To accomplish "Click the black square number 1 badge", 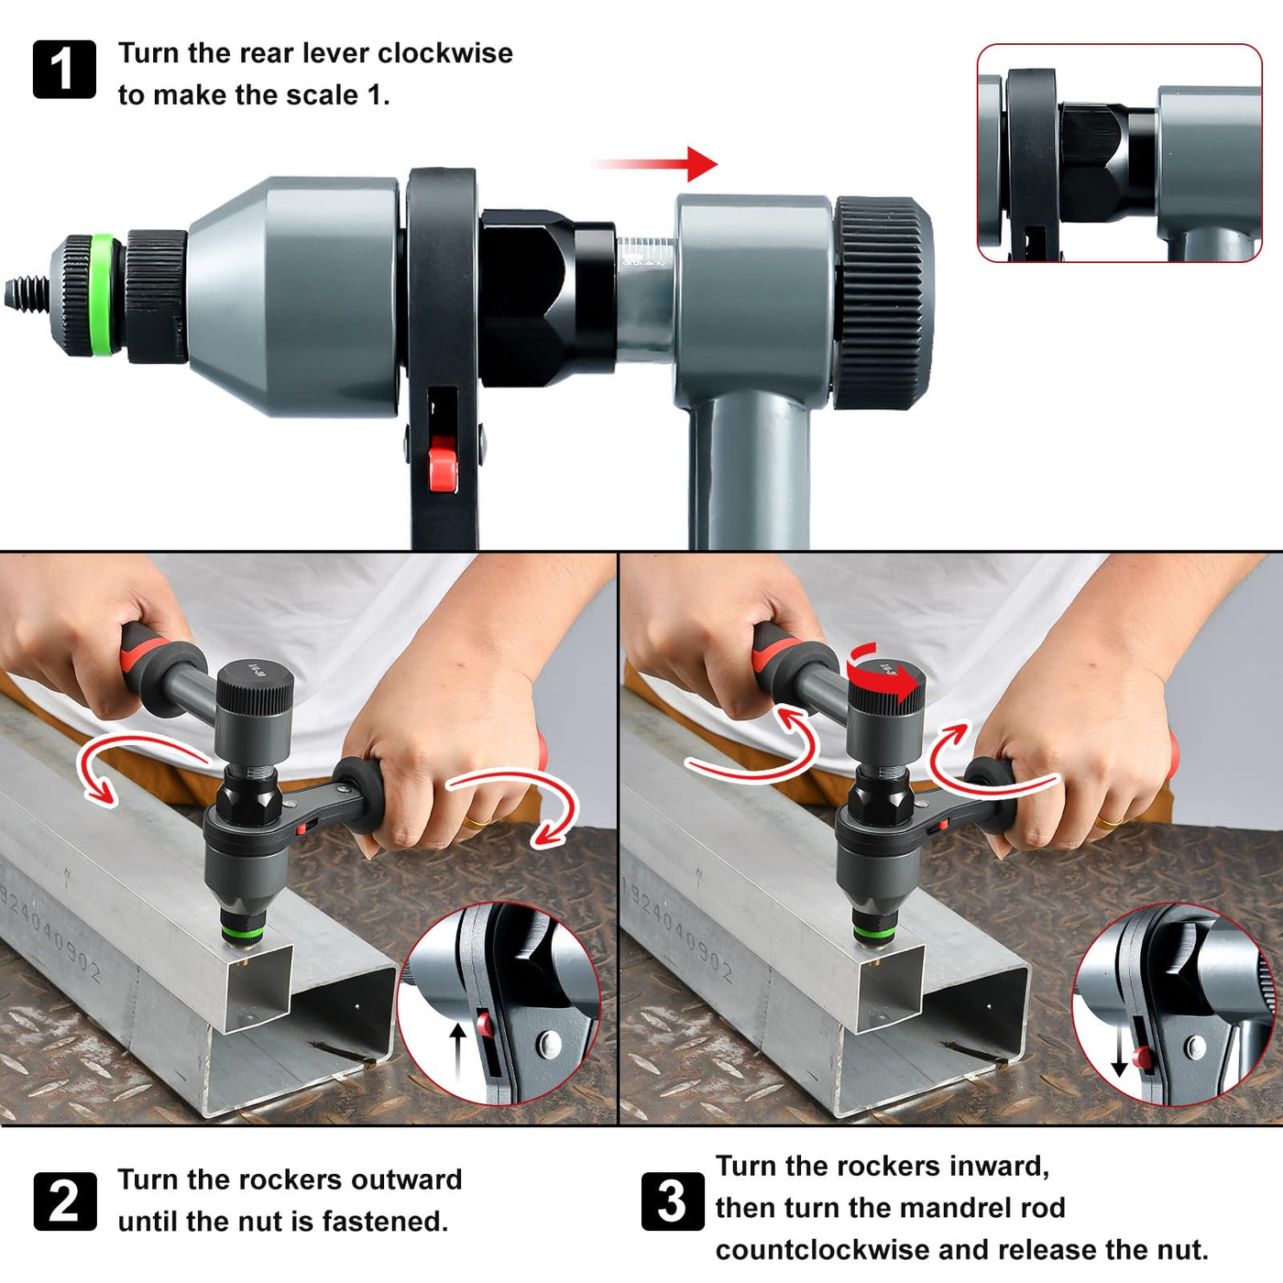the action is tap(64, 70).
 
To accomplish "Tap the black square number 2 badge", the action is tap(64, 1201).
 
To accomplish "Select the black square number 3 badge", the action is tap(673, 1201).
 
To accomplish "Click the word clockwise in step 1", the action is tap(445, 53).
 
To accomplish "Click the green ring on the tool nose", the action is tap(102, 294).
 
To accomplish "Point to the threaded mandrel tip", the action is tap(27, 294).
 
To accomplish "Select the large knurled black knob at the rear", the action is tap(883, 302).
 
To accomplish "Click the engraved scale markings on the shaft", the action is tap(644, 253).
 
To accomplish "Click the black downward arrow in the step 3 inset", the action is tap(1119, 1048).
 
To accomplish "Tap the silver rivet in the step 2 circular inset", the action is tap(549, 1044).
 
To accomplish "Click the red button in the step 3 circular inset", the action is tap(1144, 1058).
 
